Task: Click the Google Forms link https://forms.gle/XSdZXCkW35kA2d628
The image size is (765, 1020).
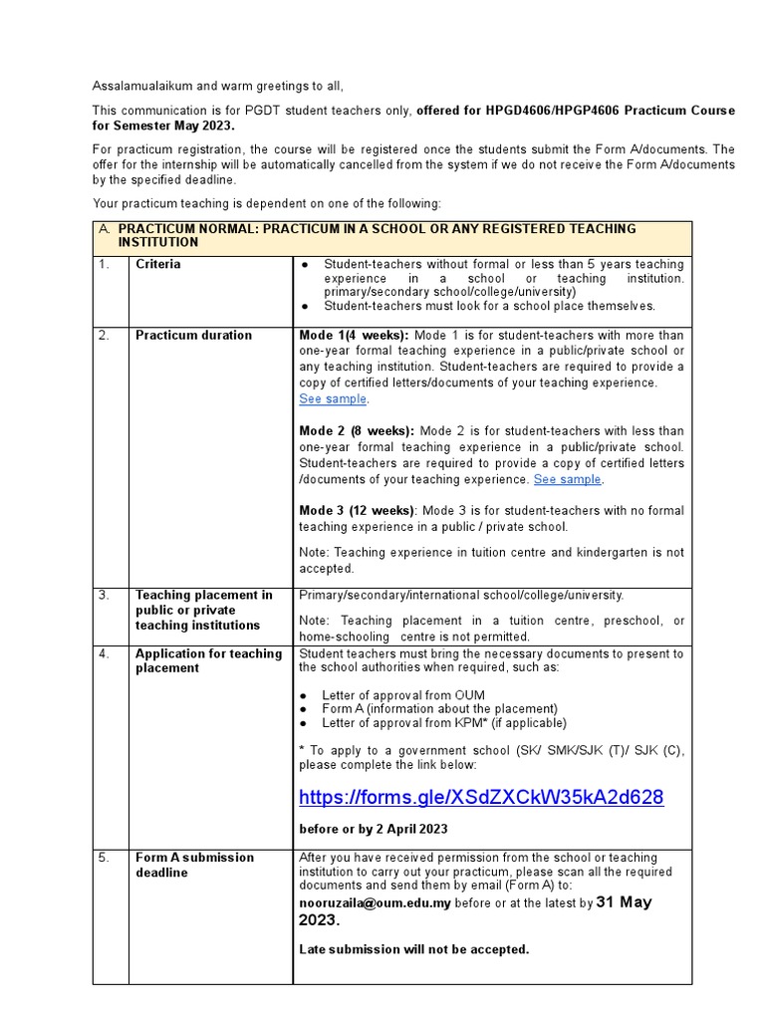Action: tap(481, 798)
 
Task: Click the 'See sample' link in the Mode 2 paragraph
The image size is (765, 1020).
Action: tap(567, 479)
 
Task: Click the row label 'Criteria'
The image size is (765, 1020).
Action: tap(158, 265)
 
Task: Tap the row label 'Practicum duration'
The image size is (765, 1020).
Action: tap(193, 336)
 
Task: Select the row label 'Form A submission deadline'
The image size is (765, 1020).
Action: tap(194, 865)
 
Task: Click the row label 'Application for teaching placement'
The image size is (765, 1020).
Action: tap(208, 660)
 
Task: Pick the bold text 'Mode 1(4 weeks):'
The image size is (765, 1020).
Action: tap(354, 336)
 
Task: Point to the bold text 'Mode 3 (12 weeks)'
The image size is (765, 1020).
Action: tap(357, 511)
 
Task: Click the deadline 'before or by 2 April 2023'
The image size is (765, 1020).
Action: tap(374, 829)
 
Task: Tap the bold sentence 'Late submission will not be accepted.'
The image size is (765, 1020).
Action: tap(413, 949)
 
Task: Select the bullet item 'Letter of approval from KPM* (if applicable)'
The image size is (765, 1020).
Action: tap(443, 723)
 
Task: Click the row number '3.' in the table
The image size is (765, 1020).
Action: tap(105, 596)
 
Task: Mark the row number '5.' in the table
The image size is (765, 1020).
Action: tap(105, 858)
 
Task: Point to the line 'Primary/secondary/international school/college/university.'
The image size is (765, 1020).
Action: tap(461, 596)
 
